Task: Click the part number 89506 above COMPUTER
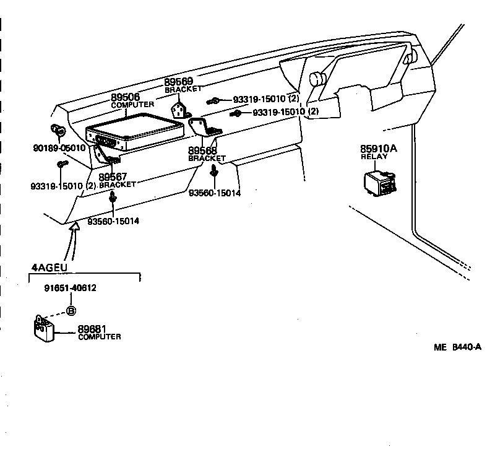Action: [126, 98]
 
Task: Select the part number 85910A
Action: [377, 149]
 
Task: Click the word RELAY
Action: [374, 157]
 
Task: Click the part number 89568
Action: [202, 150]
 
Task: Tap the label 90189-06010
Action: [59, 149]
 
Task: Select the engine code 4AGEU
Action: [49, 268]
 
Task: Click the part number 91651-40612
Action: [70, 288]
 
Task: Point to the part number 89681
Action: [91, 329]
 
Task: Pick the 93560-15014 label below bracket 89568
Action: [214, 193]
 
